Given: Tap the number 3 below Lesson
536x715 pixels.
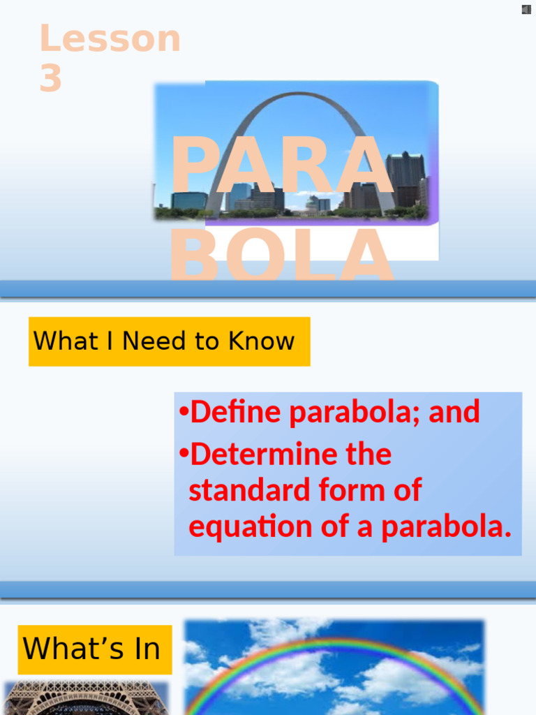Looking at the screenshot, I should (x=50, y=78).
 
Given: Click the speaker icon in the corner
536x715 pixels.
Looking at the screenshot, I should (x=526, y=9).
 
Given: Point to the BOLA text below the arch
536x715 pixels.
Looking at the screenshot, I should (x=282, y=255).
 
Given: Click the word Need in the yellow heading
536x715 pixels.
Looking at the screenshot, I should (x=156, y=341).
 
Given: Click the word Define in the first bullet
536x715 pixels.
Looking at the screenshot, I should (x=237, y=412).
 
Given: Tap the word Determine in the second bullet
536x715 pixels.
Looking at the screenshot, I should (x=266, y=455).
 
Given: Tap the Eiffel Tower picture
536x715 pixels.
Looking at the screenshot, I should (x=85, y=698).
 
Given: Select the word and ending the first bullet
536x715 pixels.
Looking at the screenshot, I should (x=454, y=412).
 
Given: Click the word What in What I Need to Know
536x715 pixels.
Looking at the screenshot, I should (x=57, y=341).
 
